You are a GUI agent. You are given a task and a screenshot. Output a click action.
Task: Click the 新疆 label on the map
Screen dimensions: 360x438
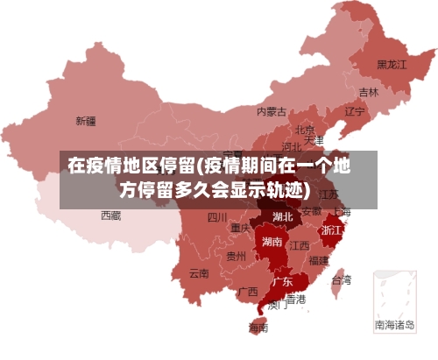point(85,120)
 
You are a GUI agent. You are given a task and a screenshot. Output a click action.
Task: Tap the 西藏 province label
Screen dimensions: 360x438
point(111,215)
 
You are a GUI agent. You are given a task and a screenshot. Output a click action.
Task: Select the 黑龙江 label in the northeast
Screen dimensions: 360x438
point(392,64)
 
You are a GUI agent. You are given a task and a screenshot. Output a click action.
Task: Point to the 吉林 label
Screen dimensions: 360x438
point(369,92)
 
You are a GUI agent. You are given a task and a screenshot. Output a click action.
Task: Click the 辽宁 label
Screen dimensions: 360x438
point(355,111)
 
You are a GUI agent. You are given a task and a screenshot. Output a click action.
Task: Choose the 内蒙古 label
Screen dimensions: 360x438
point(272,111)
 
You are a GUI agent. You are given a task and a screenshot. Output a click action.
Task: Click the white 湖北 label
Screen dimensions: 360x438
point(283,216)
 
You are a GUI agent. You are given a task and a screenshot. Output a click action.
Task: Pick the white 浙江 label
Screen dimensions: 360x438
point(332,229)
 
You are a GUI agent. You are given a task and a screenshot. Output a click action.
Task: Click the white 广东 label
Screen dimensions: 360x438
point(282,282)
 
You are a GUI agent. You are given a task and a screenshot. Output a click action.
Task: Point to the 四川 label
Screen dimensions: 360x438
point(217,217)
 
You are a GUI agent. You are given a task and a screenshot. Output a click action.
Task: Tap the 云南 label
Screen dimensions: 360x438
point(199,272)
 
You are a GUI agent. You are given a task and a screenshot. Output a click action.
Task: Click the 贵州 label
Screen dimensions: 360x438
point(236,257)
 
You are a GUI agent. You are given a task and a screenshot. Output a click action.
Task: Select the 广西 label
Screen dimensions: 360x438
point(248,291)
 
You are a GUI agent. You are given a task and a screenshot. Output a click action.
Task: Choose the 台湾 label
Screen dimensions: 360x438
point(341,280)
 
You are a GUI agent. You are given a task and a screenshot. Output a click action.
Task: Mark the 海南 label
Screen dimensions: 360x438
point(258,328)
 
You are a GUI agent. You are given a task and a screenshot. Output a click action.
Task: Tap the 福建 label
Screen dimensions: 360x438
point(319,260)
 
